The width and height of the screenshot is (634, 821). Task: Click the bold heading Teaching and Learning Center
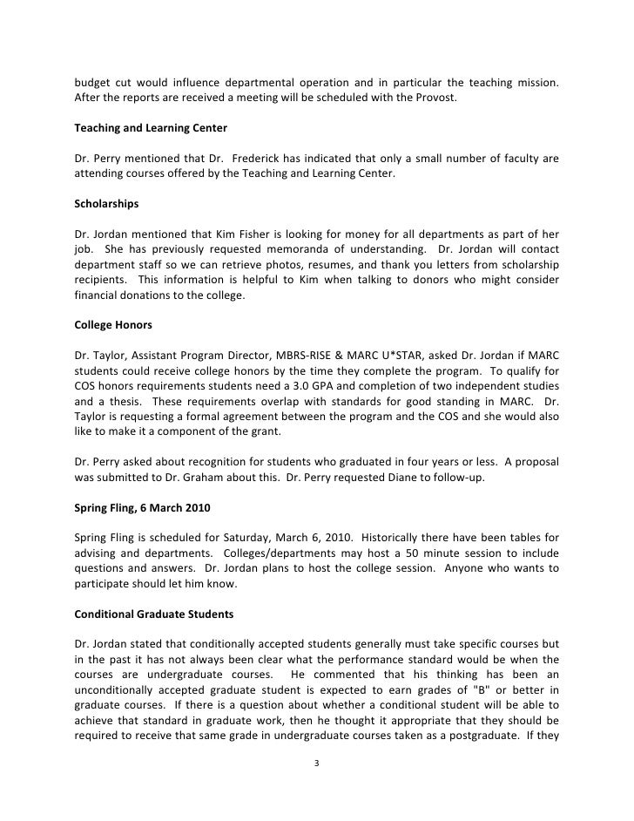pyautogui.click(x=151, y=128)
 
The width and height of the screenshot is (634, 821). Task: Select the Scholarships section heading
pyautogui.click(x=107, y=205)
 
